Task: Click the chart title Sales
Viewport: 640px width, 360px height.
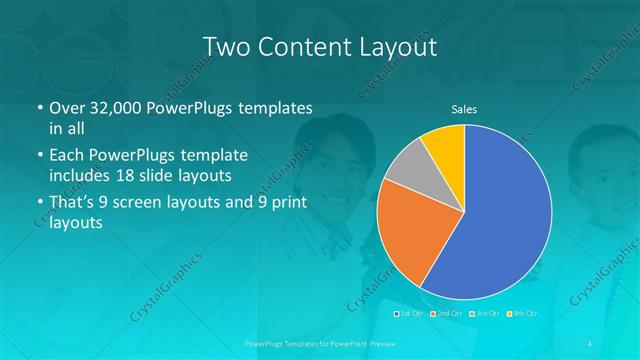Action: click(463, 109)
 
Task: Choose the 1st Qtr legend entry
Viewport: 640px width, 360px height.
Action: click(410, 314)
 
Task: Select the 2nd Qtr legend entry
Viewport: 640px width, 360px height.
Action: click(448, 314)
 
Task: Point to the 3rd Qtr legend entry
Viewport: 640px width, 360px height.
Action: click(485, 314)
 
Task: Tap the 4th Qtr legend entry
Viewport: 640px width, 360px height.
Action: click(522, 314)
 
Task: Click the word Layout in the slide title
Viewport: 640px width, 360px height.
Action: click(397, 47)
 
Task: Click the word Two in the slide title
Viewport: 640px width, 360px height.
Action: click(228, 47)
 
